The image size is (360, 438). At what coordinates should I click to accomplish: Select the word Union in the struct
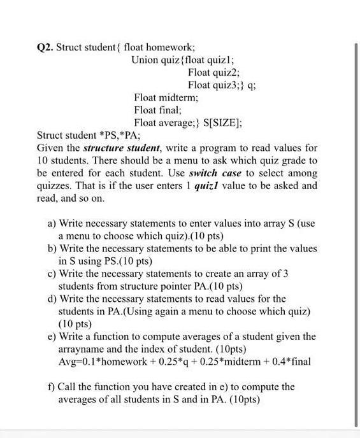coord(144,60)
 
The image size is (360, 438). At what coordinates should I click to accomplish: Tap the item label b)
coord(52,248)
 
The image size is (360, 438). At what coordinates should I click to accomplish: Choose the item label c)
coord(52,274)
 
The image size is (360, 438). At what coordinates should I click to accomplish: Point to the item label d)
coord(52,299)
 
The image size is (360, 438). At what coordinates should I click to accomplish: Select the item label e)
coord(52,336)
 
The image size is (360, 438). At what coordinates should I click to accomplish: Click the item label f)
coord(52,386)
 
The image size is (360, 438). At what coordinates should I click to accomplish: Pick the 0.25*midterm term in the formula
coord(227,362)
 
